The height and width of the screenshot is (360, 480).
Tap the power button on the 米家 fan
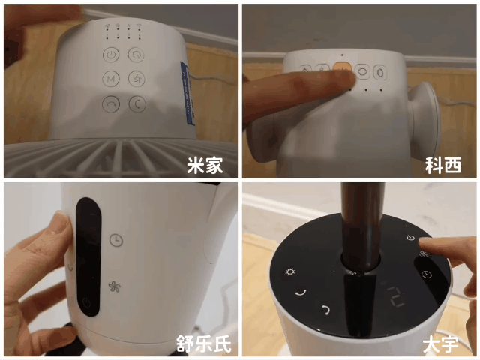tap(111, 55)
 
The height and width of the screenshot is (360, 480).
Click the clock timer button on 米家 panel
tap(136, 55)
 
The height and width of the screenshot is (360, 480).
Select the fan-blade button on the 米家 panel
tap(136, 79)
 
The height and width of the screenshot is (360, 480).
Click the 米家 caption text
tap(205, 166)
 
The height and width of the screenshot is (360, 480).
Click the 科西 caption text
tap(443, 166)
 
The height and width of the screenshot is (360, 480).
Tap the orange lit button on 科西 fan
tap(342, 69)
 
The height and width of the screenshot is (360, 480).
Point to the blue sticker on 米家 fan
tap(187, 93)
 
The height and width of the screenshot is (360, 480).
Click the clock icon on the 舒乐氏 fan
tap(116, 240)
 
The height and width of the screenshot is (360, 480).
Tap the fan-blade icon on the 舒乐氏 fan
tap(115, 286)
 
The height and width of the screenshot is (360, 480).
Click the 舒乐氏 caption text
tap(203, 343)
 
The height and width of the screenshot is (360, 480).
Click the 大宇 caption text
tap(441, 344)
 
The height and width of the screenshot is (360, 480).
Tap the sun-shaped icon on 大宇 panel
tap(290, 271)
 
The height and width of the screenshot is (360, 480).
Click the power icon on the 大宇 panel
tap(411, 238)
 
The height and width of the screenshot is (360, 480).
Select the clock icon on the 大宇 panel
tap(427, 274)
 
